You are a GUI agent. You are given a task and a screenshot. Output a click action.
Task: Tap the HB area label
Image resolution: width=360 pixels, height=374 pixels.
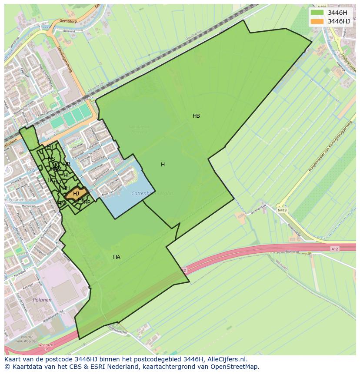[x=196, y=116]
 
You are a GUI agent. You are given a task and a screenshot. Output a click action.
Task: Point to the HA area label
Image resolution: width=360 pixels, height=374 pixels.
[x=117, y=257]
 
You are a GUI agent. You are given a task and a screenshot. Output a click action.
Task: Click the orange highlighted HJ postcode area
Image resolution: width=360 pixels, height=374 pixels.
[x=77, y=193]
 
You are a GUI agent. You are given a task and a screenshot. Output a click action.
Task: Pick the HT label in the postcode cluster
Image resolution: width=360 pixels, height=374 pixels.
[x=50, y=147]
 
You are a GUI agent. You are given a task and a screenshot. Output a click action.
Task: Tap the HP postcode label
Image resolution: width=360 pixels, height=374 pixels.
[x=87, y=202]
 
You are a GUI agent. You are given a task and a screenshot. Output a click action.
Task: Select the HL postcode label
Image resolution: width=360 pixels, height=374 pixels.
[x=67, y=175]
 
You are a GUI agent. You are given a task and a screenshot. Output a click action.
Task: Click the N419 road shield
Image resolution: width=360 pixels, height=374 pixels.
[x=283, y=210]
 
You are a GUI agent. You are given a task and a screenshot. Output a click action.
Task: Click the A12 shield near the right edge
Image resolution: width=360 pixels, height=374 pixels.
[x=334, y=249]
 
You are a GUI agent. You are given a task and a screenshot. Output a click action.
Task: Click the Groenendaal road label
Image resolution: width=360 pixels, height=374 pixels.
[x=294, y=230]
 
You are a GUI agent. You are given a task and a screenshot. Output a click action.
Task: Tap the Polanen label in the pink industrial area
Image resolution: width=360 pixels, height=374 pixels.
[x=42, y=300]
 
